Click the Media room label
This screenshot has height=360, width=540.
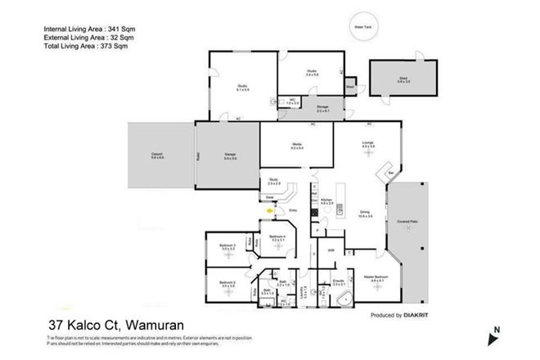[x=297, y=146]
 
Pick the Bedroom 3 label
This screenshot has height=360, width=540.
[x=228, y=245]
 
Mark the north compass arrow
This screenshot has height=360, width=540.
[x=496, y=334]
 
